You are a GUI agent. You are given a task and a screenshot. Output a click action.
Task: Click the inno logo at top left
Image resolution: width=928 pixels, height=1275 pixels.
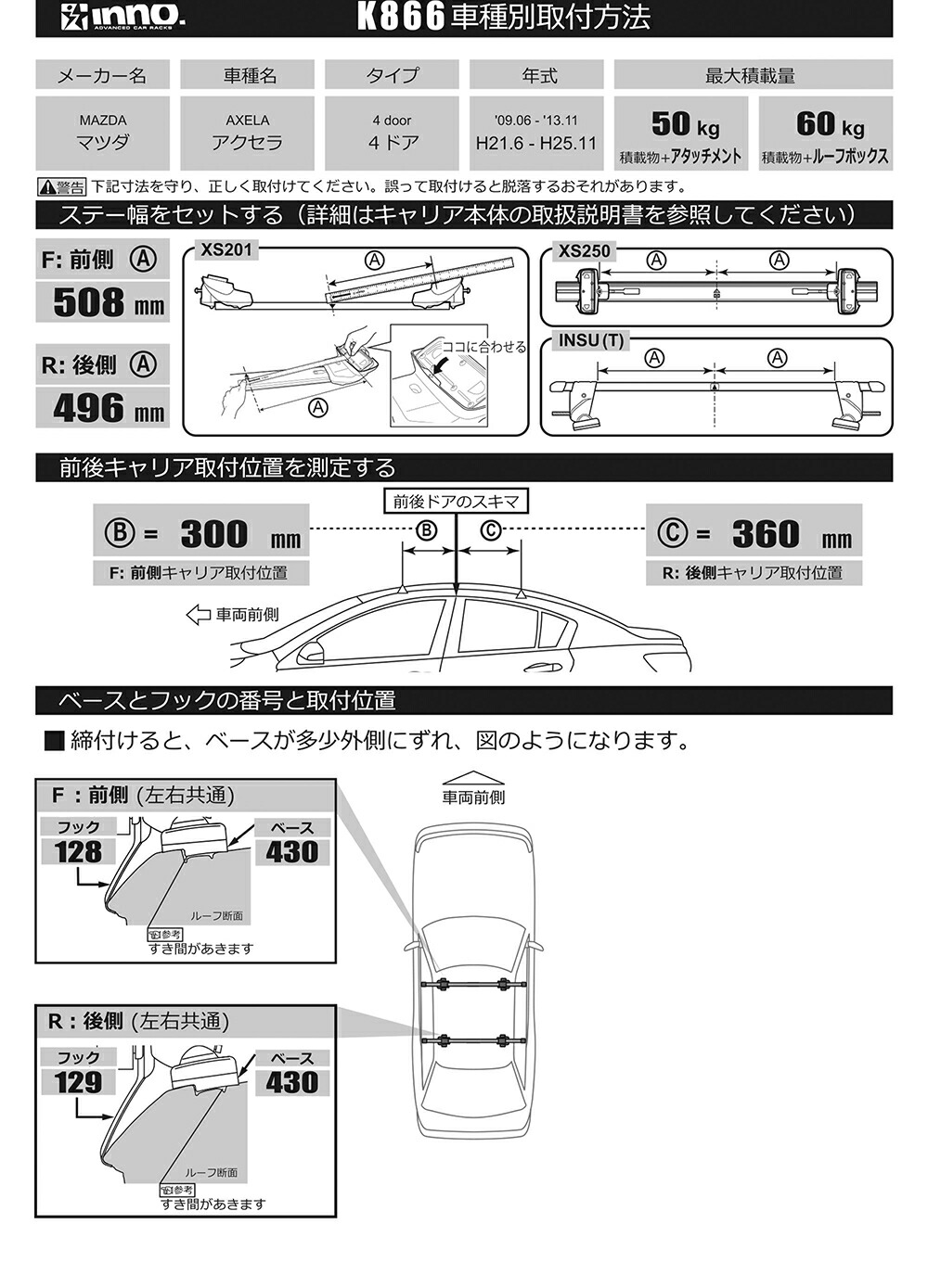tap(123, 17)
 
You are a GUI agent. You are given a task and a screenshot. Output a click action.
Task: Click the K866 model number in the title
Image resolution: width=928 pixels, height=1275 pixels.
tap(400, 17)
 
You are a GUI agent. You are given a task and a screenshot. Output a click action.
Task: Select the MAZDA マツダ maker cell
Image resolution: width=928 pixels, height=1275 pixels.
tap(102, 133)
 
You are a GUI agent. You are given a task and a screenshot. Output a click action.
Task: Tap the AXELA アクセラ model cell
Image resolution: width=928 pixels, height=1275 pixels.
tap(247, 133)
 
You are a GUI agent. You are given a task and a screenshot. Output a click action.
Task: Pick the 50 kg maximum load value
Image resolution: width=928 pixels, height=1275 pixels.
tap(685, 124)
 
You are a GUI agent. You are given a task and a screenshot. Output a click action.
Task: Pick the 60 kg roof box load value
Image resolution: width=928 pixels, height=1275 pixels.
tap(829, 124)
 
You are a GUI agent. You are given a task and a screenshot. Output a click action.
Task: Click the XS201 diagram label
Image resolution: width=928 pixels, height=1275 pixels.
tap(226, 249)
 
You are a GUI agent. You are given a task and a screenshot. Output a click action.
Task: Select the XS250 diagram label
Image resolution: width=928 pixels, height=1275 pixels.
tap(584, 251)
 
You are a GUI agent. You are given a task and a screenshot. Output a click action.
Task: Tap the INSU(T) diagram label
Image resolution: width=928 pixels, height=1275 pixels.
tap(590, 340)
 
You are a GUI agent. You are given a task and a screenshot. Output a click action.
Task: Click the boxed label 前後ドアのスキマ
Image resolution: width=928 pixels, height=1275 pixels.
tap(456, 502)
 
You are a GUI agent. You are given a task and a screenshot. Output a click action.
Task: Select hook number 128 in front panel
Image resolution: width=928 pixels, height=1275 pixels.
tap(78, 851)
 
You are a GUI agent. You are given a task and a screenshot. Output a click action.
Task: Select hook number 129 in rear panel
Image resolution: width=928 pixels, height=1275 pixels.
tap(78, 1081)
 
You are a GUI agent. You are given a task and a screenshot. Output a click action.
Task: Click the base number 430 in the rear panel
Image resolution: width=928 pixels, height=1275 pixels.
tap(291, 1081)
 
